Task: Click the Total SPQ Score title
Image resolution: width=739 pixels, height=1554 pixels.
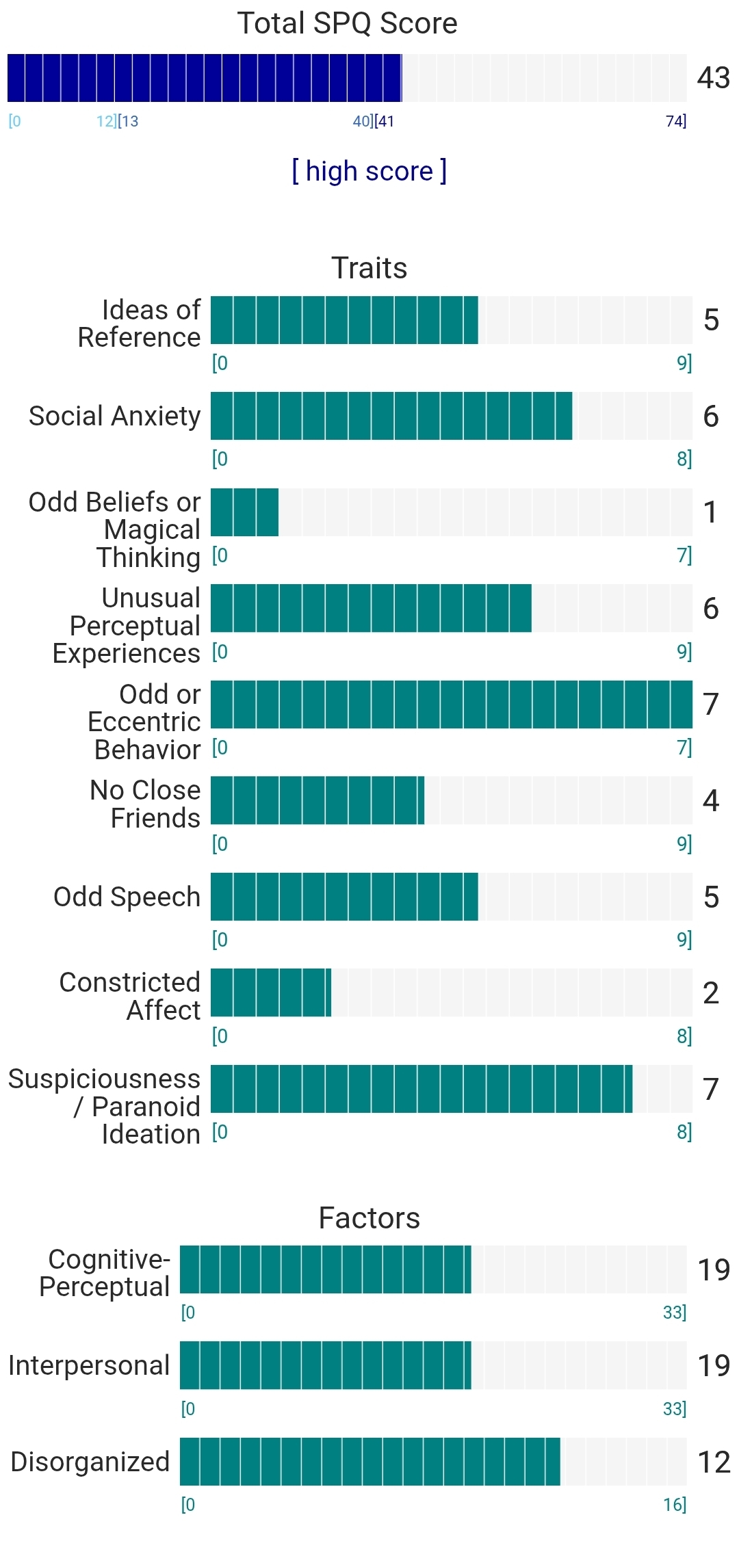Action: tap(347, 23)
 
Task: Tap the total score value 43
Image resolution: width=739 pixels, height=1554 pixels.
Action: tap(713, 78)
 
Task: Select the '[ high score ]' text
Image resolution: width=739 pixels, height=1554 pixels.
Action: tap(369, 171)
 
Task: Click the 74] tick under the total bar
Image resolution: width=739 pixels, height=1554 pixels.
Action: tap(675, 122)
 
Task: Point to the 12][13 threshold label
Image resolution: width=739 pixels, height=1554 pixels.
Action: tap(117, 122)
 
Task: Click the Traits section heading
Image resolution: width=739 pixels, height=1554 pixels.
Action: tap(369, 268)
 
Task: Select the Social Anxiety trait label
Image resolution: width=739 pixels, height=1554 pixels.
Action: tap(115, 416)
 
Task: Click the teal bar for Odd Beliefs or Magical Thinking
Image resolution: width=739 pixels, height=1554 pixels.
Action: tap(244, 512)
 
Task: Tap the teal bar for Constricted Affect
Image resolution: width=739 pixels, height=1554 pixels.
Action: tap(271, 992)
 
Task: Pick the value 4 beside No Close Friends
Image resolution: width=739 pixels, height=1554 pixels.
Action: tap(711, 801)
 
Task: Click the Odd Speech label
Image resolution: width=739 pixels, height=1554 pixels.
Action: tap(127, 897)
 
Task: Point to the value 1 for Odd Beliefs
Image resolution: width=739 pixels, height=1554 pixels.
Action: tap(711, 512)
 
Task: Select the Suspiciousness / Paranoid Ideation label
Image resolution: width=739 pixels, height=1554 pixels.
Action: tap(104, 1106)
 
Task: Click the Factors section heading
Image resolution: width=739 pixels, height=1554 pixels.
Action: tap(369, 1218)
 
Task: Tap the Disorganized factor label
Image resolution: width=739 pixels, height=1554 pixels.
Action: tap(90, 1462)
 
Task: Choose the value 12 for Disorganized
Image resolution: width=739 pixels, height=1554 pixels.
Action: tap(713, 1462)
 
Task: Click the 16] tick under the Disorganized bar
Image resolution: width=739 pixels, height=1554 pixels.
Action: tap(674, 1505)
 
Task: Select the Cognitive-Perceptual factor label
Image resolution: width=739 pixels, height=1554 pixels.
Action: tap(105, 1273)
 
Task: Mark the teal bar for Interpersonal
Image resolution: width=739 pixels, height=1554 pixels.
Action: tap(326, 1365)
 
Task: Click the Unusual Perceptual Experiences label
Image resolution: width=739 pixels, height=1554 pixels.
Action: tap(127, 626)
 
